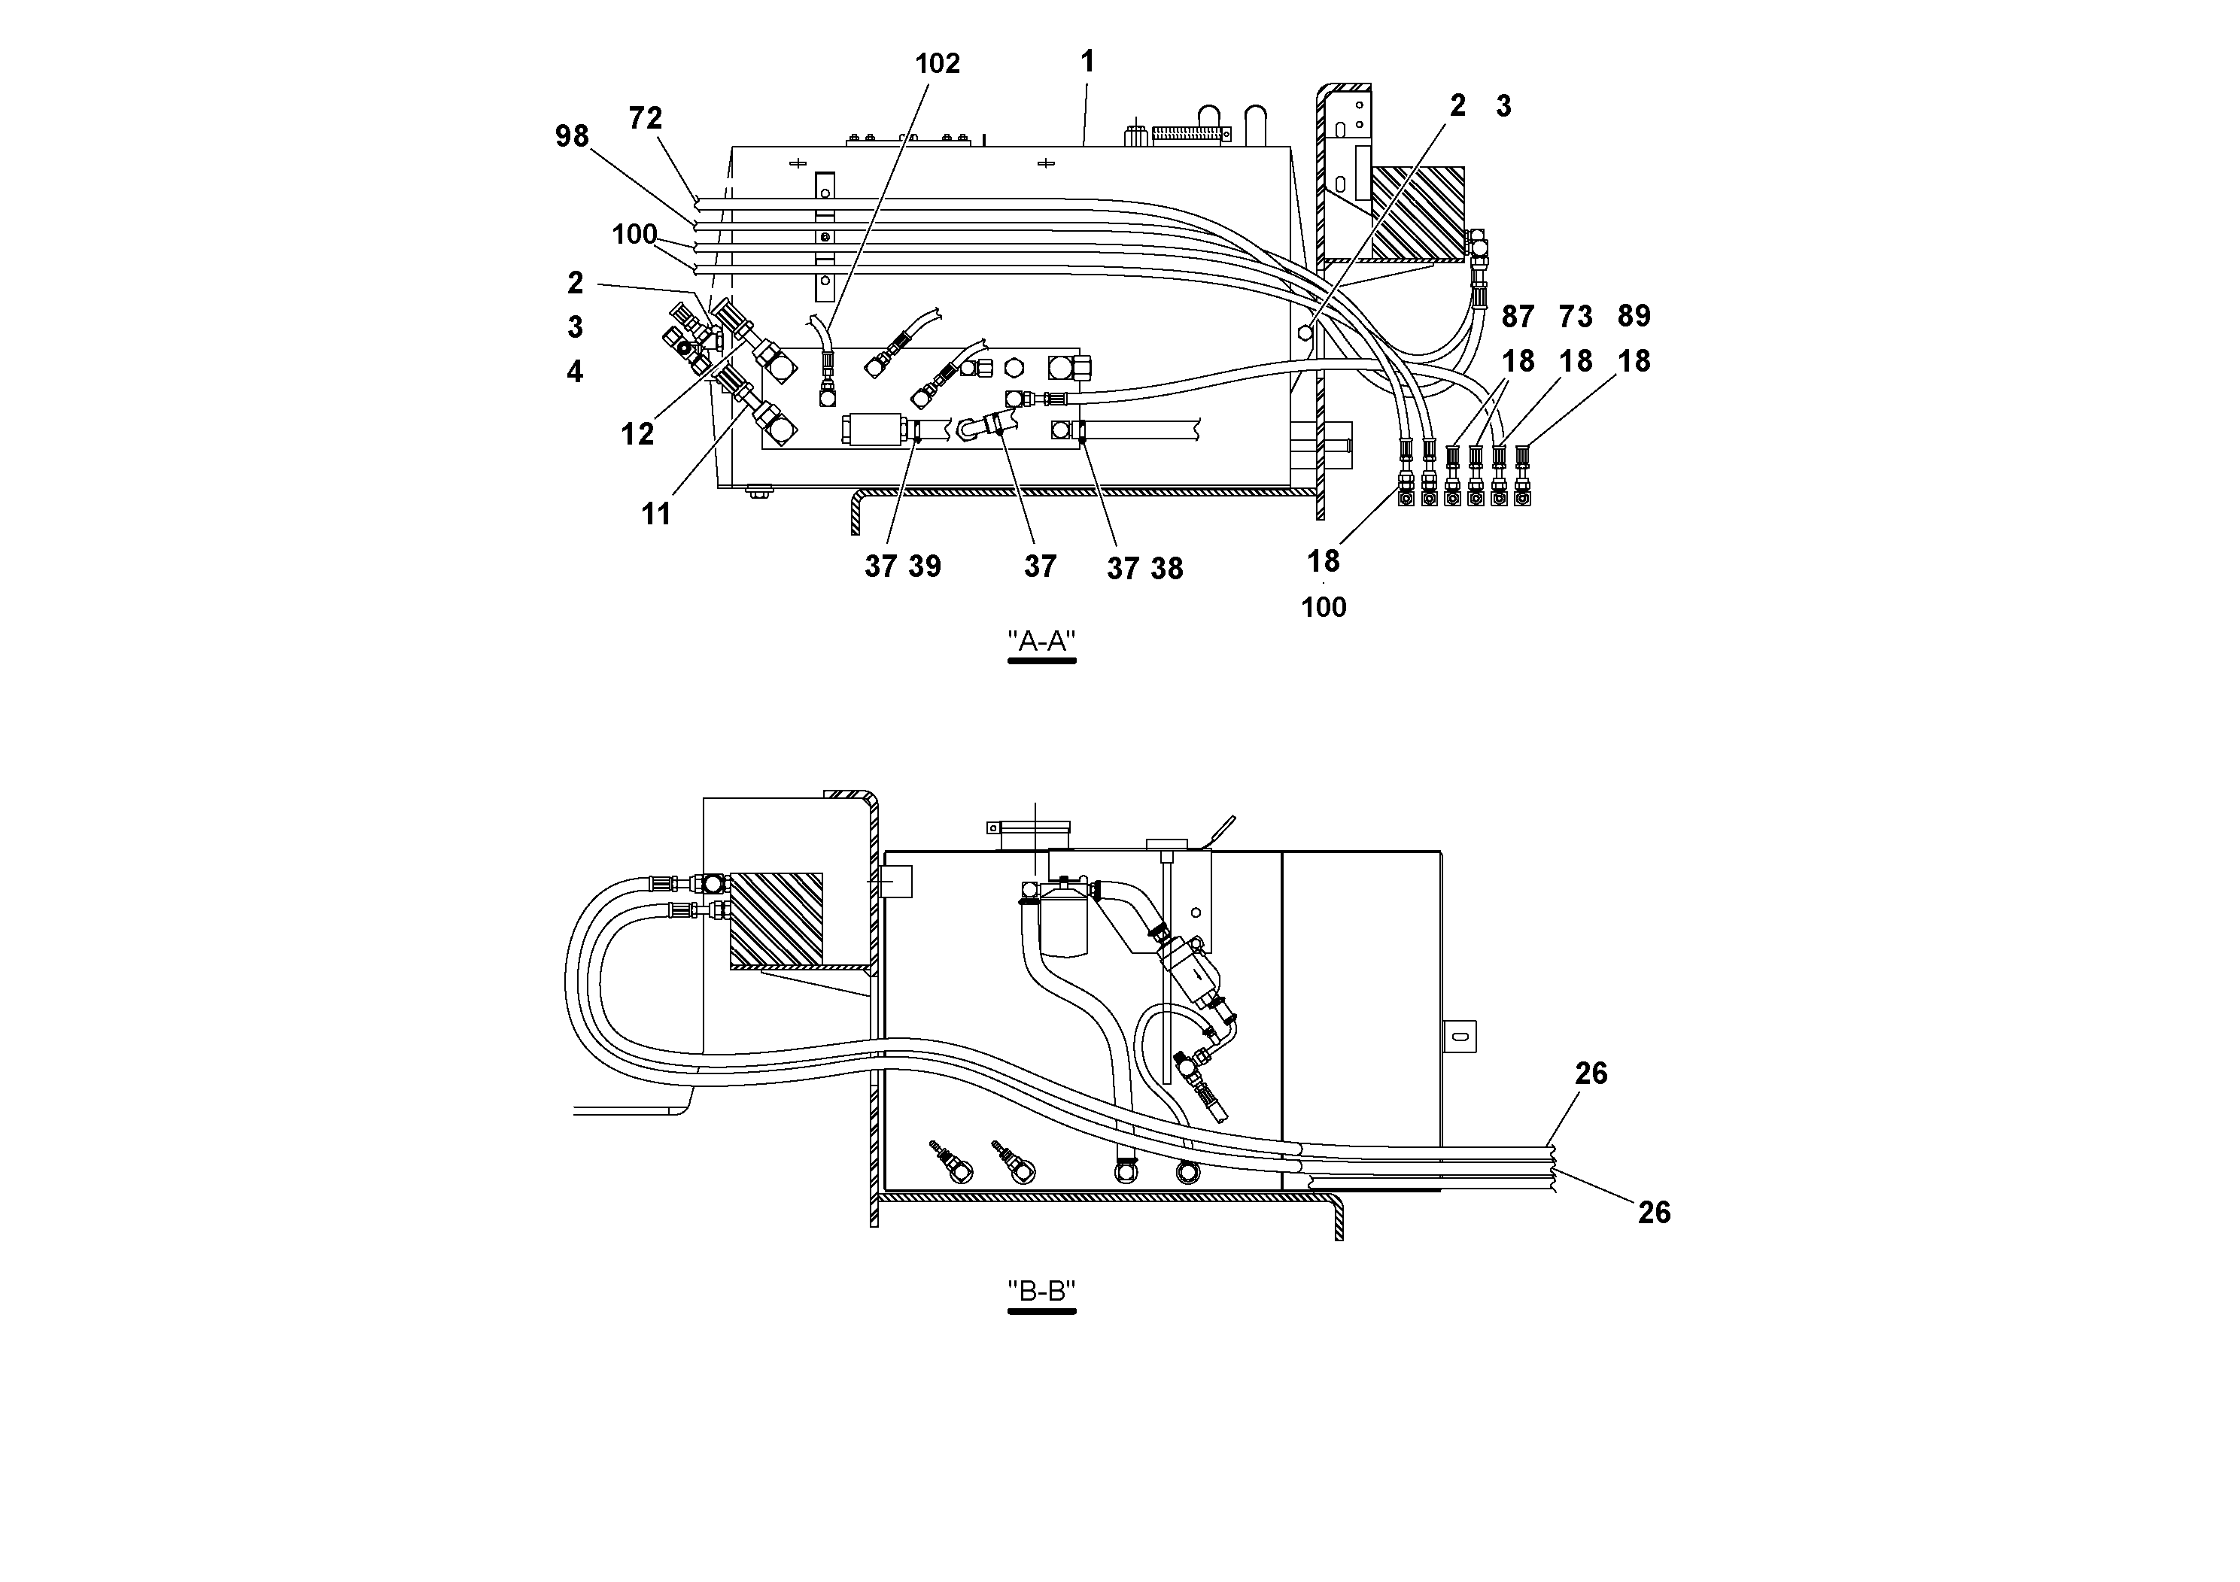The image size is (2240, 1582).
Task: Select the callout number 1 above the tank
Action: coord(1087,62)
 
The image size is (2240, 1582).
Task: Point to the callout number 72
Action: coord(645,118)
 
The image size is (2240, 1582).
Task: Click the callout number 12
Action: coord(637,434)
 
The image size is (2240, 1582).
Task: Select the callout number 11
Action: coord(655,514)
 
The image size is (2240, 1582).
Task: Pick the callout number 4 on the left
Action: coord(575,372)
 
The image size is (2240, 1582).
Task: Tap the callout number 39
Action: coord(924,566)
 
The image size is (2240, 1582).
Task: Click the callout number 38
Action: coord(1166,569)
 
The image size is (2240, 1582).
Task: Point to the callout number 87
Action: coord(1517,316)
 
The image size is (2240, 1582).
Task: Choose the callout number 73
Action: coord(1575,316)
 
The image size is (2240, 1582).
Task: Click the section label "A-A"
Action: coord(1041,641)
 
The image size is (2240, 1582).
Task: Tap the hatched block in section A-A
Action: coord(1417,214)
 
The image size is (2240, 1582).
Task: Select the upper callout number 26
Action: coord(1590,1073)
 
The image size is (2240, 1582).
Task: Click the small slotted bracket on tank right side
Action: coord(1458,1036)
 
